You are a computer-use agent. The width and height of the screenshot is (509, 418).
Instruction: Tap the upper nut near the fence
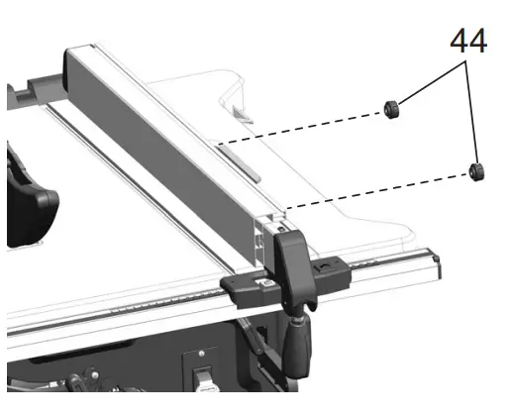pyautogui.click(x=391, y=110)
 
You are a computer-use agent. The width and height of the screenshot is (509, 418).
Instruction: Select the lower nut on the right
pyautogui.click(x=477, y=171)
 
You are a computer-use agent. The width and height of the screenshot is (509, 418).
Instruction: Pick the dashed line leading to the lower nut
pyautogui.click(x=376, y=192)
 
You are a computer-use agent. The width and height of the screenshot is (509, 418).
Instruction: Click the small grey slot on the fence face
pyautogui.click(x=237, y=157)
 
